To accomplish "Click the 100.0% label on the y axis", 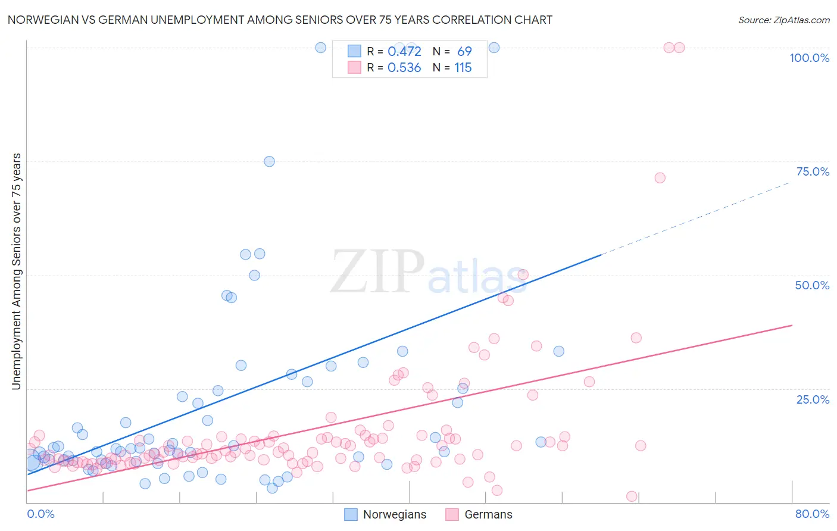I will click(x=809, y=58).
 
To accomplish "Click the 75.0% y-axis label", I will click(x=813, y=171).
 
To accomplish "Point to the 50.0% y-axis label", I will click(x=812, y=285).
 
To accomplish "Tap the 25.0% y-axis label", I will click(x=813, y=399).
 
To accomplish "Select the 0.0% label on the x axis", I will click(x=40, y=514).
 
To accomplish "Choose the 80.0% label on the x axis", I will click(x=812, y=514).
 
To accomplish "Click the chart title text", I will click(x=280, y=20).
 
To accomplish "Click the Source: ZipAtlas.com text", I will click(x=783, y=20).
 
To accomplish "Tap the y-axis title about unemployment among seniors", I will click(x=16, y=271).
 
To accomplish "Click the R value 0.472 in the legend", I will click(x=404, y=51).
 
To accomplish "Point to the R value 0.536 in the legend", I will click(x=404, y=68).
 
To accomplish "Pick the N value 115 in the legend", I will click(x=463, y=68).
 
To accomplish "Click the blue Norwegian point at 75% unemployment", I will click(x=269, y=161).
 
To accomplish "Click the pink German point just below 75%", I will click(x=660, y=178).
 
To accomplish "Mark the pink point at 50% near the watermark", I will click(x=523, y=274).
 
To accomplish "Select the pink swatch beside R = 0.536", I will click(x=354, y=68).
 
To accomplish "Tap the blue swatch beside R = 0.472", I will click(x=354, y=51).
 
